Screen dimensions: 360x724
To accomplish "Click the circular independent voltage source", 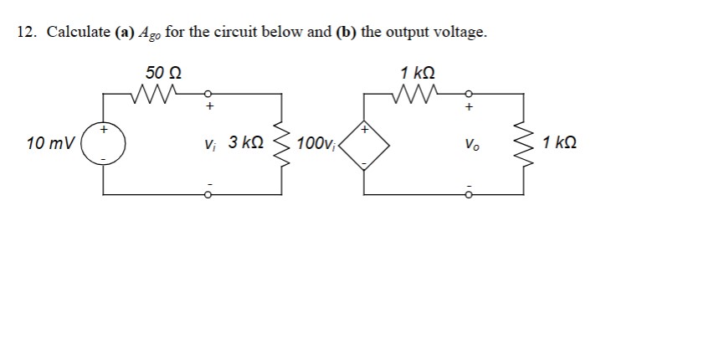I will point(105,143).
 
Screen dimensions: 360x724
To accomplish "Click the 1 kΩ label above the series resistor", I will point(418,73).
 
